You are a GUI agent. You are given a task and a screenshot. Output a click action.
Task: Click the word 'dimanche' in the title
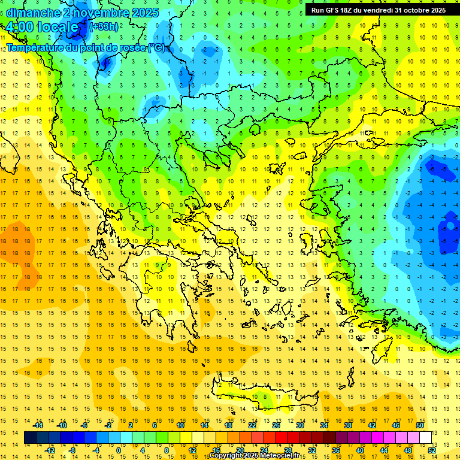coord(32,13)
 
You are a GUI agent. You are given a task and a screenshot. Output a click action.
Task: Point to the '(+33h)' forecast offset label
coord(104,27)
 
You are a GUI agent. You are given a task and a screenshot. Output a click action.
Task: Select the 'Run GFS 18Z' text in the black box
coord(332,10)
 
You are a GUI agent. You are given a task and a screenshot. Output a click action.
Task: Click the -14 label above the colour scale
coord(38,425)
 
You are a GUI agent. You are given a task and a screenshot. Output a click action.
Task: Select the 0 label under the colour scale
coord(119,450)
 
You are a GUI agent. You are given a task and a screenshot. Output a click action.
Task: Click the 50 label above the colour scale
coord(419,425)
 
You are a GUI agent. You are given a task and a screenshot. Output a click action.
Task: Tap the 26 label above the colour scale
coord(276,425)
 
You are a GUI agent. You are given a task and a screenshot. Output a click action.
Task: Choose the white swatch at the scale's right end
coord(425,438)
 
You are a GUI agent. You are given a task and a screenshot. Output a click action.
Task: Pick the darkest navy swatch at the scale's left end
coord(31,438)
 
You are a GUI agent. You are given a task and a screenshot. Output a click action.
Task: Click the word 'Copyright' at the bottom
coord(226,456)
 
